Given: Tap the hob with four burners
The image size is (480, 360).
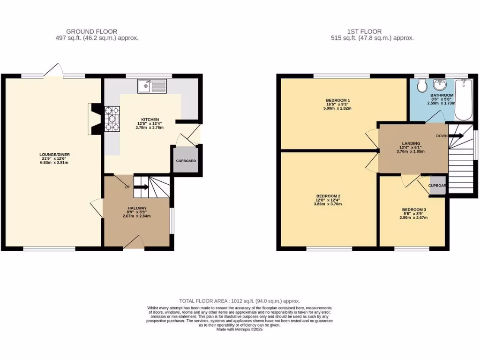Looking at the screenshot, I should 113,119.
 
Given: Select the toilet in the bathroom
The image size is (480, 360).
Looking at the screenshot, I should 421,86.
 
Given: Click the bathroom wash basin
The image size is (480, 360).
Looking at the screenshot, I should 440,85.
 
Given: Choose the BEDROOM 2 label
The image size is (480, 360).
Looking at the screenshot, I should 328,196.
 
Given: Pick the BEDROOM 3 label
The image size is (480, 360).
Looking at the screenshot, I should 414,210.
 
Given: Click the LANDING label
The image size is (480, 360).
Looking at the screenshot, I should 411,143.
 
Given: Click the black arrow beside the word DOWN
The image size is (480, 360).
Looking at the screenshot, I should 457,136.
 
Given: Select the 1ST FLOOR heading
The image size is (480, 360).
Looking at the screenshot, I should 372,31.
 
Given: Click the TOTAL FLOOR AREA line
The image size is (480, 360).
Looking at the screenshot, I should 240,301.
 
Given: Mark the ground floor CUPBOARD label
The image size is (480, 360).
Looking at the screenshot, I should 186,161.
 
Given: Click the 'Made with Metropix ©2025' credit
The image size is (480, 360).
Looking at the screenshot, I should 240,330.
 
